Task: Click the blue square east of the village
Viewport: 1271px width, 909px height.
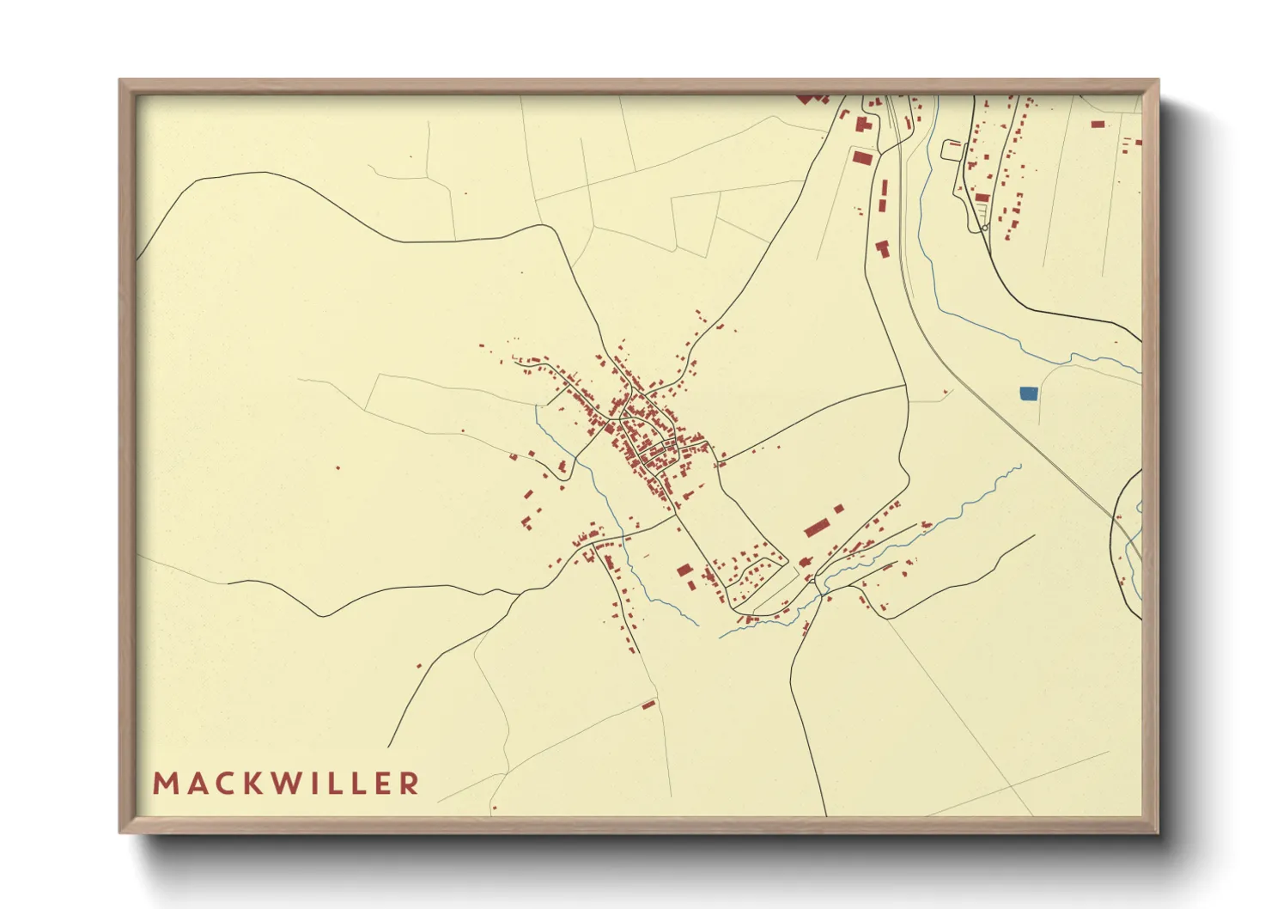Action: click(1028, 393)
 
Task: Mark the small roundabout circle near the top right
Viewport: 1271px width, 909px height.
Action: click(983, 229)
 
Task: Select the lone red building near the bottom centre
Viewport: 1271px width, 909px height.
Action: click(648, 705)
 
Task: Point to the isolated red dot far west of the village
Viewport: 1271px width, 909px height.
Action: click(338, 468)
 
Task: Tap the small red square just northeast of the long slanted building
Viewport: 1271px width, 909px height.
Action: click(839, 509)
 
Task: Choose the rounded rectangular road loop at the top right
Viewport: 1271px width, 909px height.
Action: click(952, 150)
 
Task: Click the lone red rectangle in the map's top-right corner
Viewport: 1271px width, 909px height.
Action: click(1098, 125)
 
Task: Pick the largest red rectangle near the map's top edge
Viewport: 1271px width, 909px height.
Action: click(861, 157)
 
